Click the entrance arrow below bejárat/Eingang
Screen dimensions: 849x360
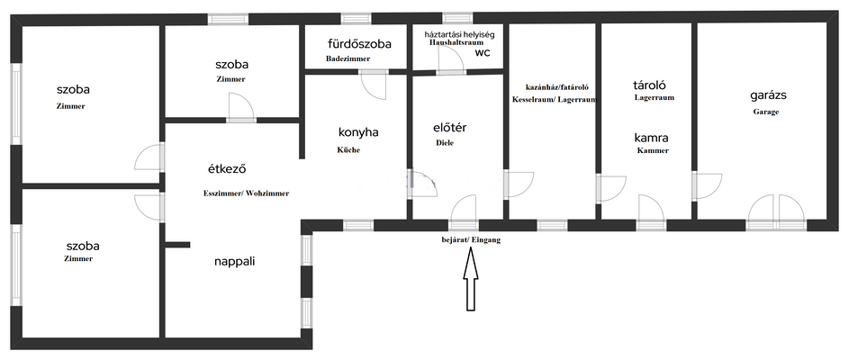coord(472,279)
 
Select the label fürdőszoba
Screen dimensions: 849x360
coord(359,44)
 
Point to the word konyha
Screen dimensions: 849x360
coord(358,132)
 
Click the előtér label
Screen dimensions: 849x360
coord(450,129)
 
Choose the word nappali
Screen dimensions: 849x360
coord(234,262)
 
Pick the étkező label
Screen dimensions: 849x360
coord(228,169)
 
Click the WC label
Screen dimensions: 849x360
coord(483,53)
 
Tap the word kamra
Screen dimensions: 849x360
coord(651,138)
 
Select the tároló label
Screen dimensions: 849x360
coord(649,85)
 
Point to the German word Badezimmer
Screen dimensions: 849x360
coord(348,58)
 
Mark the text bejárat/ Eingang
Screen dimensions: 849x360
coord(471,239)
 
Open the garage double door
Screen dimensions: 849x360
coord(776,209)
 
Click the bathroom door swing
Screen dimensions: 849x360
coord(374,85)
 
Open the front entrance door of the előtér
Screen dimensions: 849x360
coord(464,209)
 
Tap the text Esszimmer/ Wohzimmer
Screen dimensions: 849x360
coord(247,193)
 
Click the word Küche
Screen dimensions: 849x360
coord(349,150)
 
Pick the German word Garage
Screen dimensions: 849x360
coord(765,112)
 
